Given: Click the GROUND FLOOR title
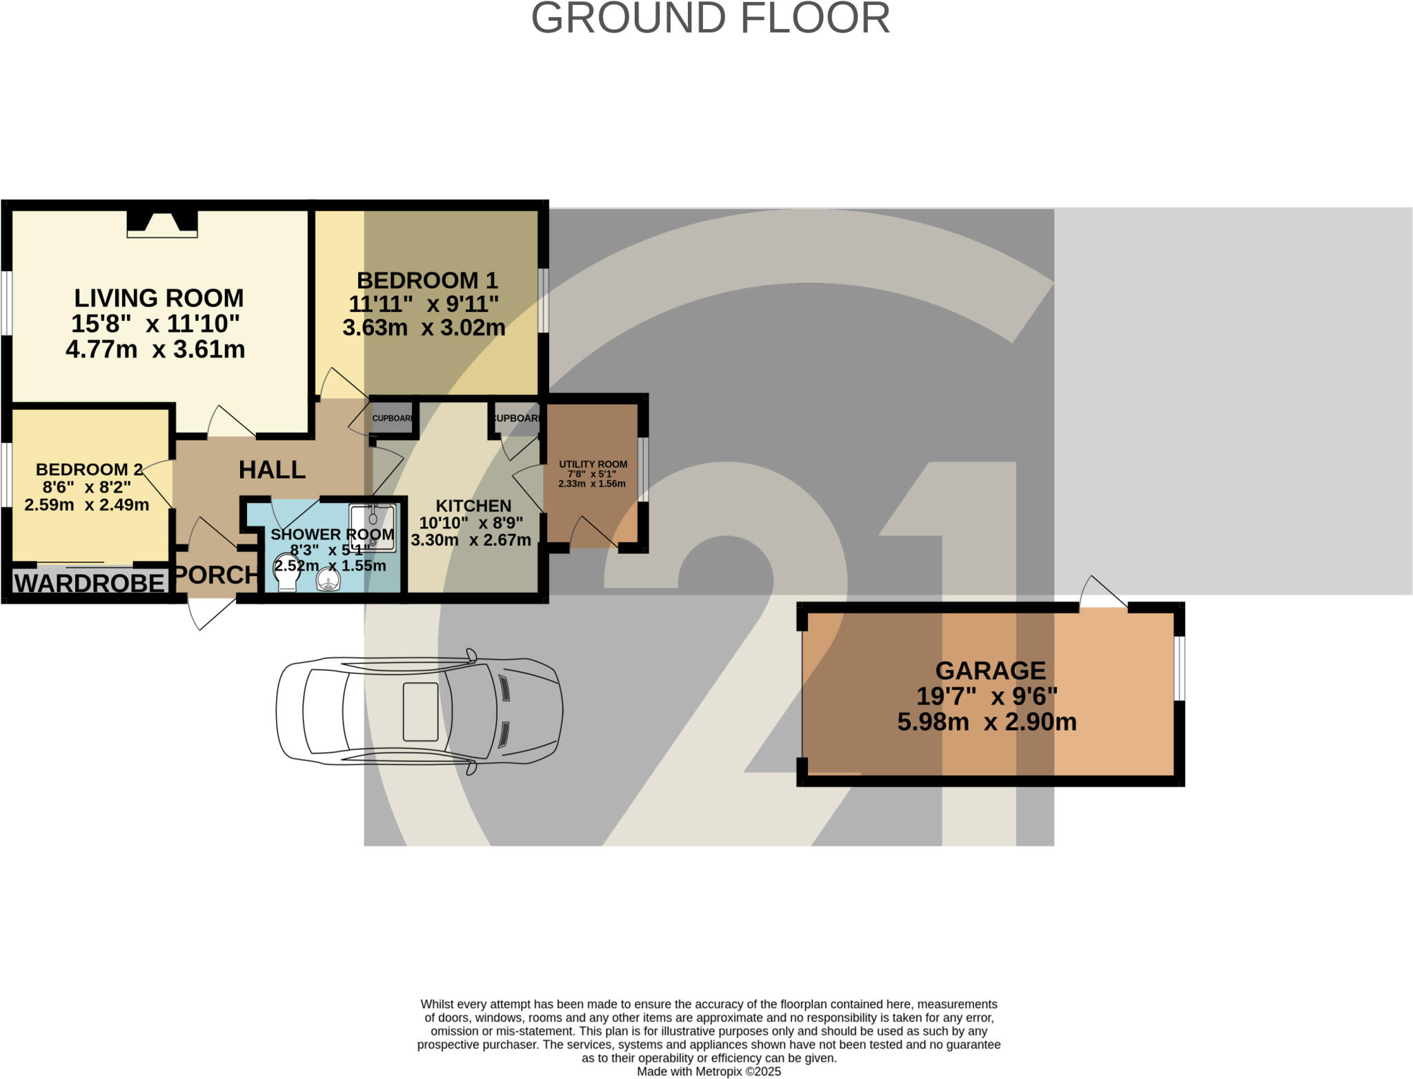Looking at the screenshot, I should coord(710,19).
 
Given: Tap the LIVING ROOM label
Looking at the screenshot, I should coord(159,298).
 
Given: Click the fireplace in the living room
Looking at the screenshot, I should coord(162,224).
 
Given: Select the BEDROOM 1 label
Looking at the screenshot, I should coord(426,280).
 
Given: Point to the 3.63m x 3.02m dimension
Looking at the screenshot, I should coord(424,327).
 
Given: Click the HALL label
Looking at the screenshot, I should coord(272,470).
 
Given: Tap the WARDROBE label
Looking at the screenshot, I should coord(90,583).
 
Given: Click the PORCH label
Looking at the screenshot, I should coord(215,574).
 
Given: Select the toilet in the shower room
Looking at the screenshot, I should coord(286,573).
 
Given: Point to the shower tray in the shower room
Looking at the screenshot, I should coord(373,528).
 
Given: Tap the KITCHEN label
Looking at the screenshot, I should coord(473,506).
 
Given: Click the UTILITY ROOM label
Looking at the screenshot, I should coord(593,464).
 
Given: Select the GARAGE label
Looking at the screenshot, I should coord(990,670).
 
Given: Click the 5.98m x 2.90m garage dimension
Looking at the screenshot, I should coord(987,722).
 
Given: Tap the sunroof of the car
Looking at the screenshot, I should coord(420,711).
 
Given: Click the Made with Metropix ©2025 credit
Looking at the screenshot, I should coord(709,1071).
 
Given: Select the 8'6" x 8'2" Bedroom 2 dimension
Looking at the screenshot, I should coord(86,487).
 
